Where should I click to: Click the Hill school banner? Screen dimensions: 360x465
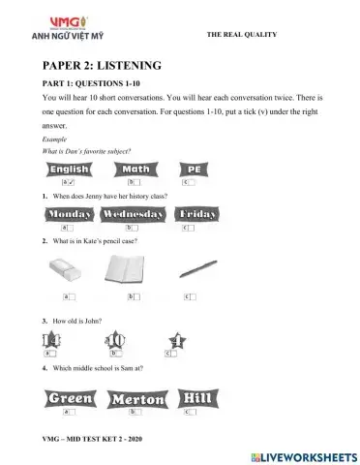point(200,398)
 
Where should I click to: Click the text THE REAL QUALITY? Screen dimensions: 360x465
point(242,34)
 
